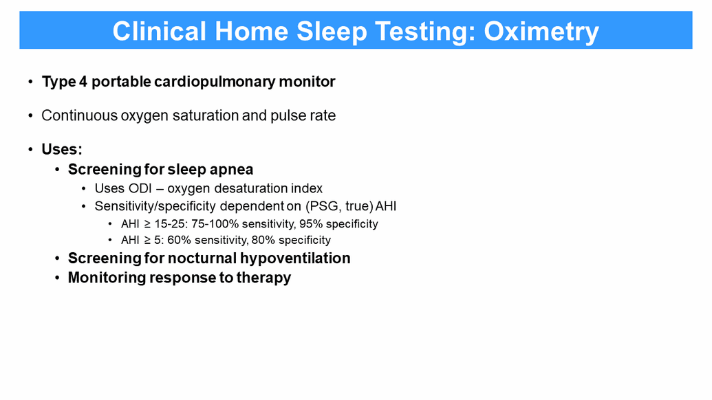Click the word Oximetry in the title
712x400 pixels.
click(x=541, y=32)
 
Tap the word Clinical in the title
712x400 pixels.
click(x=160, y=32)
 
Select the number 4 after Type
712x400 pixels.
click(x=83, y=82)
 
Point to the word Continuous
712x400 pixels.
click(x=80, y=115)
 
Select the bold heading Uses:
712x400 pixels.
click(x=62, y=149)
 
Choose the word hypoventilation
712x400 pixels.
click(x=295, y=258)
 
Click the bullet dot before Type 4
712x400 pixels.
click(x=30, y=82)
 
